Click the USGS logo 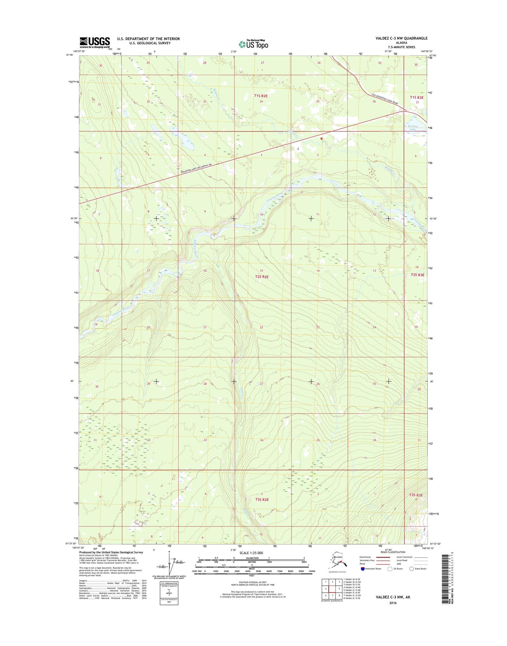point(94,42)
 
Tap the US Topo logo point(253,44)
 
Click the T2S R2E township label point(262,277)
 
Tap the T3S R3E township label point(416,495)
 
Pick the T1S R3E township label point(417,97)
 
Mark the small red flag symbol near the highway point(321,139)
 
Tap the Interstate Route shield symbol point(362,568)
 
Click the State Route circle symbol point(412,568)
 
